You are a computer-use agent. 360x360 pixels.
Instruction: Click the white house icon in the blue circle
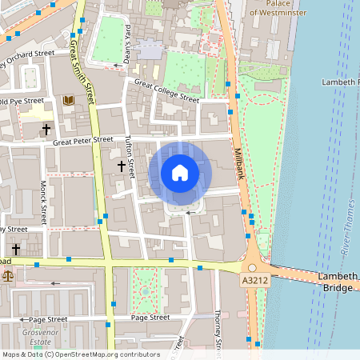point(180,171)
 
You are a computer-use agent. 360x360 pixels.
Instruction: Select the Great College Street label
point(166,90)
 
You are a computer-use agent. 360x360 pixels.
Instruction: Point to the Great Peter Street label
point(83,141)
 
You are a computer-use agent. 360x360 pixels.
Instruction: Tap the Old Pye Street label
point(22,102)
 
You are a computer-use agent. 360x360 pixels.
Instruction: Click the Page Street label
point(150,317)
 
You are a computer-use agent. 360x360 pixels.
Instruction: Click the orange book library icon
point(68,101)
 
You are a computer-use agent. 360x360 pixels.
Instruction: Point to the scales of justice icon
point(8,275)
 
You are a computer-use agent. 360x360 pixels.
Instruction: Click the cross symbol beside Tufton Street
point(122,166)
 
